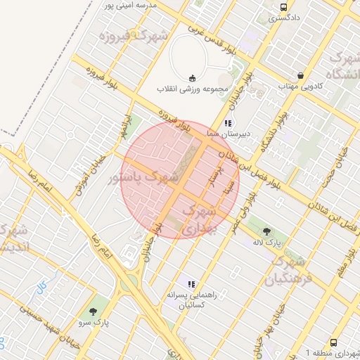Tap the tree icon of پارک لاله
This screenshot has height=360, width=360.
tap(266, 231)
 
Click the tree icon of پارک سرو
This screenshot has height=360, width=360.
tap(93, 310)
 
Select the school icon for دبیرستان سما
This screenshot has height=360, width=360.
tap(227, 123)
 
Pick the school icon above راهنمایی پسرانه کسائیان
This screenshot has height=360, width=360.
tap(191, 284)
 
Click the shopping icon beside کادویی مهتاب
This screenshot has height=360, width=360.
tap(301, 76)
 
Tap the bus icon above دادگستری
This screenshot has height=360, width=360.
tap(283, 6)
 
